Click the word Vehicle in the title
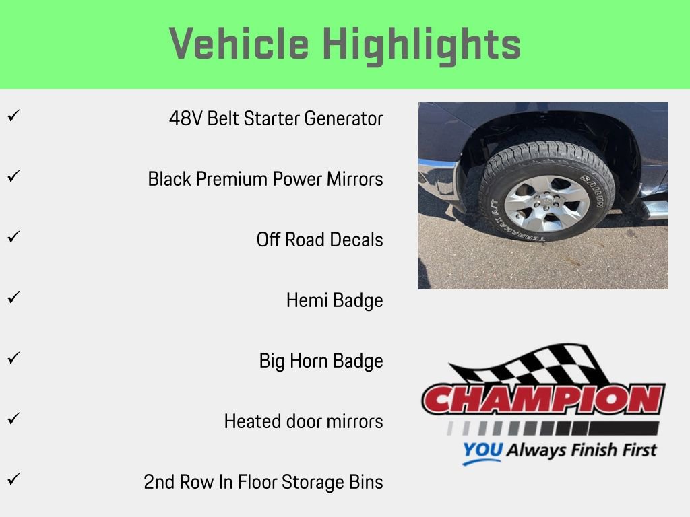240,44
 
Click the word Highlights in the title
422,44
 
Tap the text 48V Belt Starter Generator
276,119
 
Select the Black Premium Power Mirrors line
265,180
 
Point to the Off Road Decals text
319,240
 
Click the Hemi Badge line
334,300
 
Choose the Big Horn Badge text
321,361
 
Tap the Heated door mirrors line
303,421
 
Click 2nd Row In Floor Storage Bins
263,482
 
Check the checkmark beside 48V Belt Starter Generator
12,116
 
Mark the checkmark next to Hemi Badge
12,297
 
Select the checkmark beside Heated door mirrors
12,418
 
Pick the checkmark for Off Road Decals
12,237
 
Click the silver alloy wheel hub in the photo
546,203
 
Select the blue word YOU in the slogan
482,451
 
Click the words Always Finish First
581,450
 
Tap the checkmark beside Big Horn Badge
12,357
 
